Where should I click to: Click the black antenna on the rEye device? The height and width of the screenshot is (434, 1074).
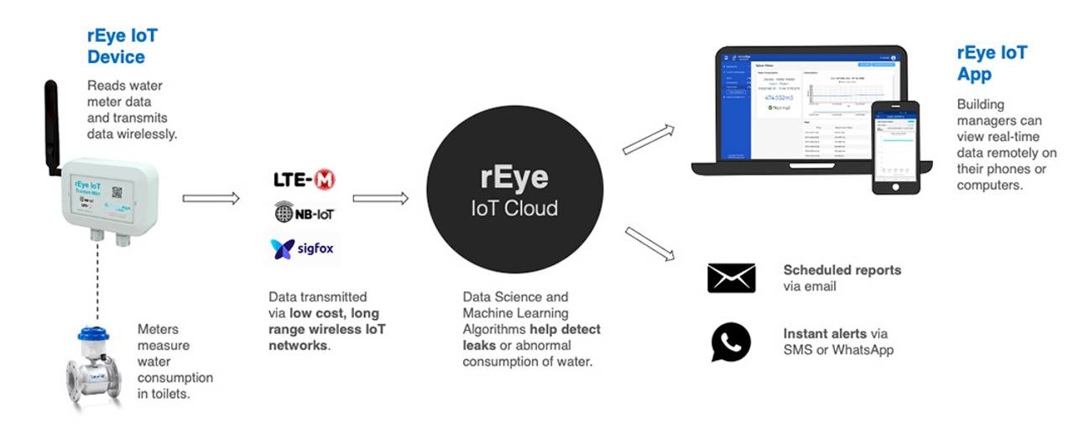pyautogui.click(x=51, y=126)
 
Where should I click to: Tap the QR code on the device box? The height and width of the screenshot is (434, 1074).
pyautogui.click(x=117, y=191)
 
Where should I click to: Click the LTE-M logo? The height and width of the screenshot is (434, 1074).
pyautogui.click(x=304, y=180)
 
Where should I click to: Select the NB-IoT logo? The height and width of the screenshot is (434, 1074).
pyautogui.click(x=305, y=213)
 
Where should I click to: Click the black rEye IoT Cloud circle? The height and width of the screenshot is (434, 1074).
pyautogui.click(x=514, y=189)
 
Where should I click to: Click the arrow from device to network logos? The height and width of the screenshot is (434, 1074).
pyautogui.click(x=211, y=198)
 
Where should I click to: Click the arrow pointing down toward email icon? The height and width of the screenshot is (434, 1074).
pyautogui.click(x=649, y=243)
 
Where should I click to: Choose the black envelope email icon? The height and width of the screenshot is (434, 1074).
pyautogui.click(x=731, y=278)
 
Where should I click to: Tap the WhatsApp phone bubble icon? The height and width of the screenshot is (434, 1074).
pyautogui.click(x=731, y=342)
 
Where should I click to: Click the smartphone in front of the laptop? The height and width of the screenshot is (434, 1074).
pyautogui.click(x=894, y=148)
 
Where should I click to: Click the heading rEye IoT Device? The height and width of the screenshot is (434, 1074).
pyautogui.click(x=122, y=46)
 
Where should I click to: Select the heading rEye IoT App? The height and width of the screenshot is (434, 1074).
pyautogui.click(x=992, y=63)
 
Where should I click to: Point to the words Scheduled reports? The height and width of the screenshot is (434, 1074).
pyautogui.click(x=842, y=270)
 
